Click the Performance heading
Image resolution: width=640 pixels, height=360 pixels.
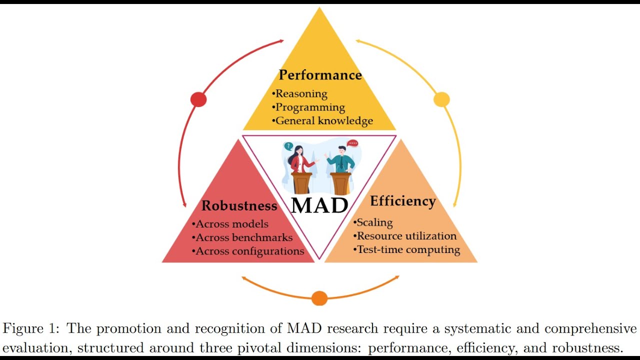click(320, 75)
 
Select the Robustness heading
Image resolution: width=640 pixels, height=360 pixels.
click(239, 205)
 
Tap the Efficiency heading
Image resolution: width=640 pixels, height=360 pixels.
click(403, 201)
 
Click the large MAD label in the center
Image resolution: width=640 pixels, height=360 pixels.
click(319, 205)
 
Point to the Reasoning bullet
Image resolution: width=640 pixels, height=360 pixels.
click(299, 93)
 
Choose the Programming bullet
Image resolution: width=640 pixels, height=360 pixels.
click(308, 107)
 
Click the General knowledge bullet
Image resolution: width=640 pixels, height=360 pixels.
click(322, 120)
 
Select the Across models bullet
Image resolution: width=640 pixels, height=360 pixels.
click(230, 224)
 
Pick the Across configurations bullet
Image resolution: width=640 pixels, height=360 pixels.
click(248, 251)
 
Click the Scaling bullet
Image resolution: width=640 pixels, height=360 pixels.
click(373, 222)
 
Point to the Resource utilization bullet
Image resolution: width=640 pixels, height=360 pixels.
click(405, 236)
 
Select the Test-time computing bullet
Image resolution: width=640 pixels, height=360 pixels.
click(406, 249)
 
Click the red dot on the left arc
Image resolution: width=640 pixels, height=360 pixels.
click(198, 99)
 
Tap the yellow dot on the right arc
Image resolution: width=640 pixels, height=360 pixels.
click(441, 99)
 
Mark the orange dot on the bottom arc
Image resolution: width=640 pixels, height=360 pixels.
click(319, 298)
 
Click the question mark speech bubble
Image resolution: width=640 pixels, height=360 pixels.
click(288, 146)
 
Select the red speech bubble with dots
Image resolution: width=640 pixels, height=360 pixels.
click(352, 143)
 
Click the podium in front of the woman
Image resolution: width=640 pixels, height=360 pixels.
click(301, 183)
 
